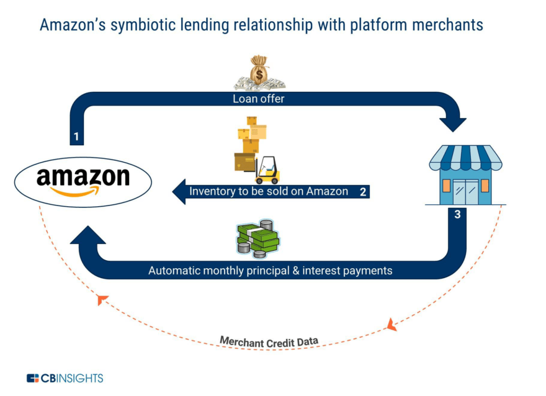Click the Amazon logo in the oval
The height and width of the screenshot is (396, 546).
[x=83, y=180]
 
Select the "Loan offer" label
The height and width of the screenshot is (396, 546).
[x=258, y=98]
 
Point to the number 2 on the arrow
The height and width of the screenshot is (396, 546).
[x=362, y=191]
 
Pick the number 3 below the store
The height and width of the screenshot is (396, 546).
[x=457, y=215]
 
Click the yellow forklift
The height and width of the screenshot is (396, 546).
[x=267, y=169]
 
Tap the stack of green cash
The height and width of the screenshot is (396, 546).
[x=259, y=236]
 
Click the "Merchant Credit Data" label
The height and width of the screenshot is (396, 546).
[x=269, y=341]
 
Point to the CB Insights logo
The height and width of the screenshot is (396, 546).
[x=65, y=378]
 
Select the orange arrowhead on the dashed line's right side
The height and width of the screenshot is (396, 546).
[x=391, y=324]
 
